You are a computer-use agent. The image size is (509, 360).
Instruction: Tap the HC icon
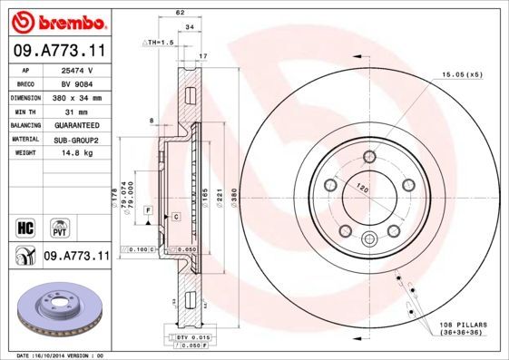[25, 226]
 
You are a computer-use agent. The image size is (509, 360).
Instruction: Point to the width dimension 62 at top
[181, 12]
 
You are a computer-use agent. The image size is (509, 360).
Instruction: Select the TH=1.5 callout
[159, 43]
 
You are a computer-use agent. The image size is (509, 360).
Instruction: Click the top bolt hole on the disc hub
[369, 158]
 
